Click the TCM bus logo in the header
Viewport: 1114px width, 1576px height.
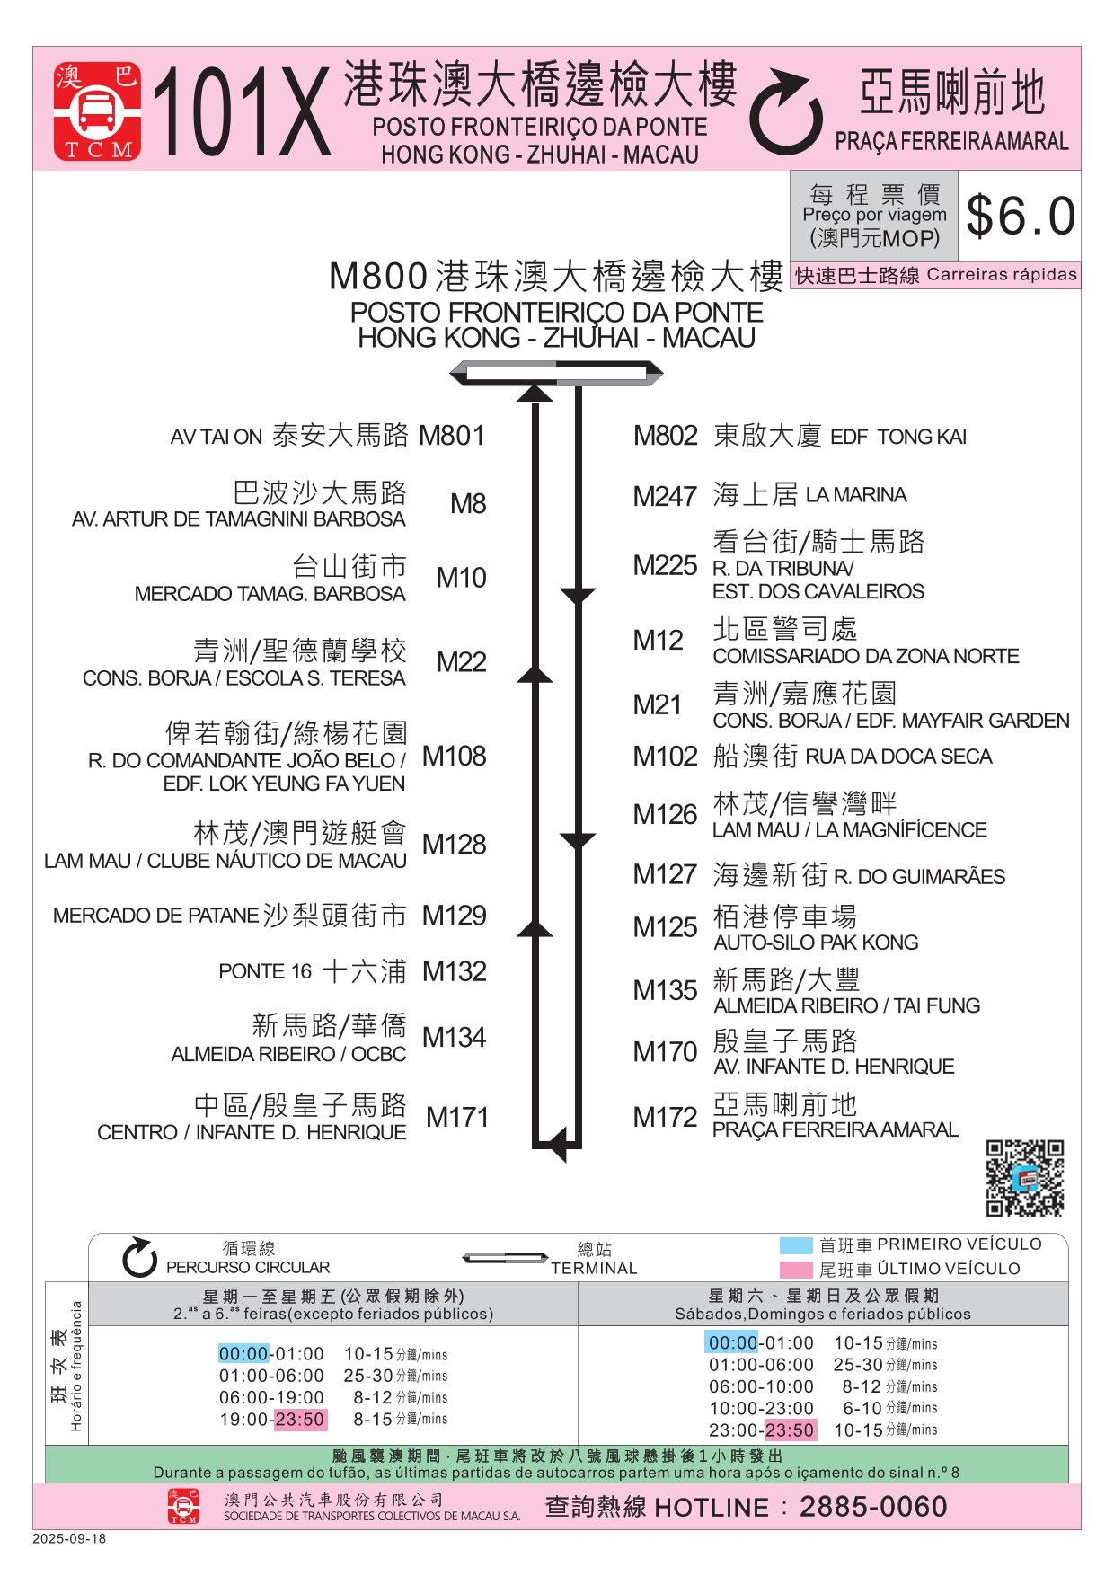coord(97,111)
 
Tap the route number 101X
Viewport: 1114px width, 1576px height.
coord(242,114)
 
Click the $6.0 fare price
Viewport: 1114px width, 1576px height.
coord(1021,217)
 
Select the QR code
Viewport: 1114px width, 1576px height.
coord(1024,1178)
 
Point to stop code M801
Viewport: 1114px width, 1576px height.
coord(452,436)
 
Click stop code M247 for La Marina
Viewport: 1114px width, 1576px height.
coord(665,496)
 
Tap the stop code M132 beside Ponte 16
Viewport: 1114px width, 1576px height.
coord(455,971)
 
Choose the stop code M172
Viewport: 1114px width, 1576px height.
coord(665,1117)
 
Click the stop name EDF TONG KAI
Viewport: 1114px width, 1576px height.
coord(898,438)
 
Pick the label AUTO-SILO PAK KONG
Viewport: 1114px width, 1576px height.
coord(816,943)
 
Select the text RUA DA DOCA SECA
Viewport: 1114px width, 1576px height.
coord(898,757)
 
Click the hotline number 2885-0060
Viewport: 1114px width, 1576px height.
coord(873,1507)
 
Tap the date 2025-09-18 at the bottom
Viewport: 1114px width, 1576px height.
coord(69,1539)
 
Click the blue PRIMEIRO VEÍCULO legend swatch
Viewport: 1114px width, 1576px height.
coord(796,1245)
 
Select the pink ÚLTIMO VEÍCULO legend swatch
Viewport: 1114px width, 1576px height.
coord(796,1270)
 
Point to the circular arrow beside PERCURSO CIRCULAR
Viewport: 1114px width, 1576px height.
coord(139,1257)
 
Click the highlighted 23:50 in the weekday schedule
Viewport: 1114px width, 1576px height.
coord(300,1420)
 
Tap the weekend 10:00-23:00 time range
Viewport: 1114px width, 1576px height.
coord(761,1408)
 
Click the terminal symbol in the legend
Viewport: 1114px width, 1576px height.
coord(504,1258)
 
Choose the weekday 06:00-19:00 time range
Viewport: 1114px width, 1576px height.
coord(271,1397)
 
